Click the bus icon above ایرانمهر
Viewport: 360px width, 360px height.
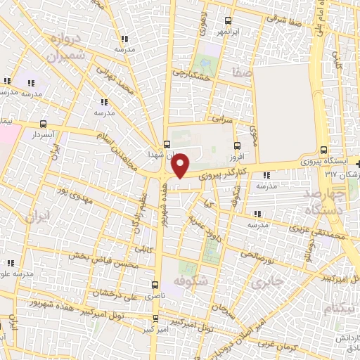[x=226, y=20]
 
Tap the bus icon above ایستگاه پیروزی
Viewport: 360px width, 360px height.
[x=323, y=149]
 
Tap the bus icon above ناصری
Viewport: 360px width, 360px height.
[x=155, y=285]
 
